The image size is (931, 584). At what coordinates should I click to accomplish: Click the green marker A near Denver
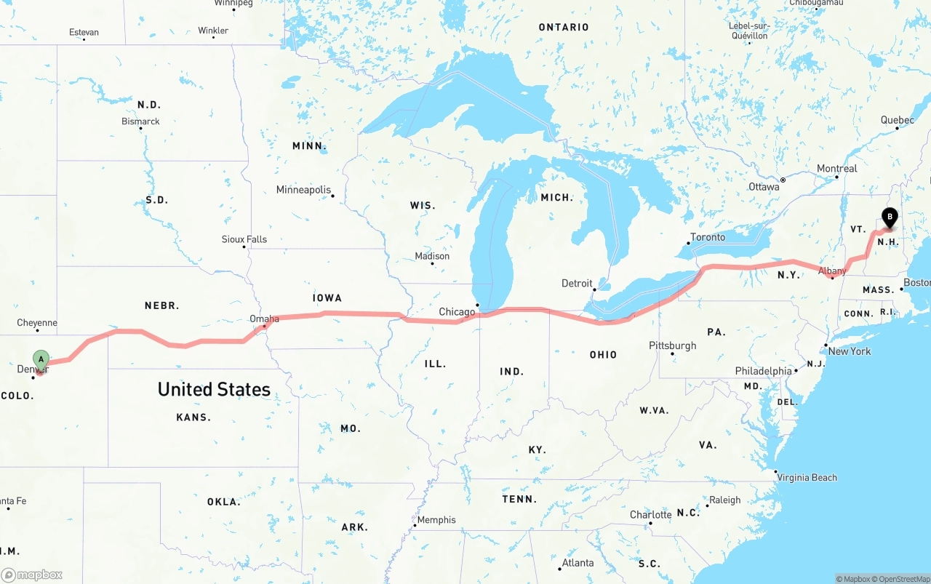coord(41,359)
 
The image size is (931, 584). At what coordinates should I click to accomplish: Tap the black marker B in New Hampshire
coord(889,217)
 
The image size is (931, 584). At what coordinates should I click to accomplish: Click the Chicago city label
coord(456,312)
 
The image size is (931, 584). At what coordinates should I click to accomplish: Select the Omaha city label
coord(264,319)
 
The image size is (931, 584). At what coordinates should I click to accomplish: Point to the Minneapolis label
coord(303,190)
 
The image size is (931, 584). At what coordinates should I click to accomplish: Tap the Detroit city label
coord(577,283)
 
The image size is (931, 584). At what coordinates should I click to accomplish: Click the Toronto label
coord(708,237)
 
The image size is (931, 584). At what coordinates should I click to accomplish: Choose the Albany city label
coord(832,271)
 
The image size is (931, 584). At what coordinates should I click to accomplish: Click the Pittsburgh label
coord(673,345)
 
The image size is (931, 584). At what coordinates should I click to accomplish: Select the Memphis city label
coord(436,519)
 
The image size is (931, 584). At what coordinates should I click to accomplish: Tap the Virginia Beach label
coord(807,477)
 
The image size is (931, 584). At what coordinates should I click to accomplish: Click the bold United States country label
coord(214,389)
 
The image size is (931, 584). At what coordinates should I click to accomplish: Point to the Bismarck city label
coord(140,121)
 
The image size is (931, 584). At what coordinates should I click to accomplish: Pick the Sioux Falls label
coord(244,239)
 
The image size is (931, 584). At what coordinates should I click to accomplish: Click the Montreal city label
coord(837,168)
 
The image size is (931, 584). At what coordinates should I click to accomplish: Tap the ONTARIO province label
coord(564,27)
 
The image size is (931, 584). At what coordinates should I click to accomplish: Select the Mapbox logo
coord(32,575)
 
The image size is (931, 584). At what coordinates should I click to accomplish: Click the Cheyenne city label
coord(37,322)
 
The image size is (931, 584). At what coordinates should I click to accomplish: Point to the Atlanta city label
coord(578,562)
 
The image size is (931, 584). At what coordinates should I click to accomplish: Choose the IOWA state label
coord(327,297)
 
